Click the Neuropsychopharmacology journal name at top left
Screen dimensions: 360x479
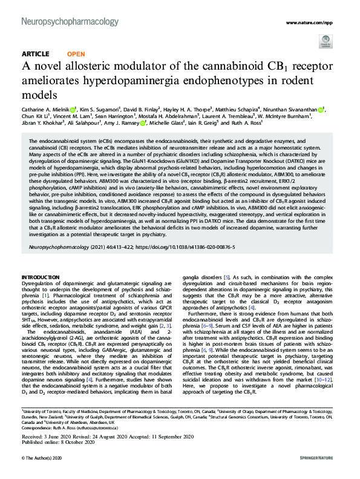tap(70, 22)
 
